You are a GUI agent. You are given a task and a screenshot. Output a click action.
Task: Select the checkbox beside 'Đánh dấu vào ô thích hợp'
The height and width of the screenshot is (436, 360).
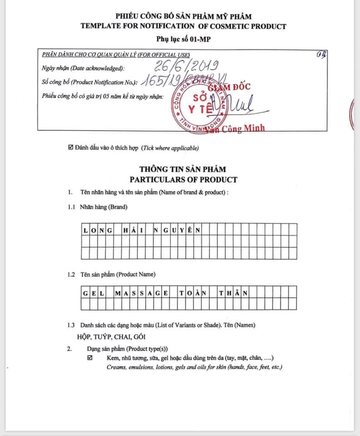point(70,148)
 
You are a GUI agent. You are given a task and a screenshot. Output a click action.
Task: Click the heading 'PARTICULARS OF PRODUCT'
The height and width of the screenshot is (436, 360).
point(183,179)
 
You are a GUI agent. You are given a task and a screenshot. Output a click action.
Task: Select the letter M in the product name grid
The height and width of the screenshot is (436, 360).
point(118,292)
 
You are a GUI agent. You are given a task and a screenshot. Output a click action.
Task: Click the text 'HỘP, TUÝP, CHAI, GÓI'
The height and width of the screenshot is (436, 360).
point(112,337)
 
